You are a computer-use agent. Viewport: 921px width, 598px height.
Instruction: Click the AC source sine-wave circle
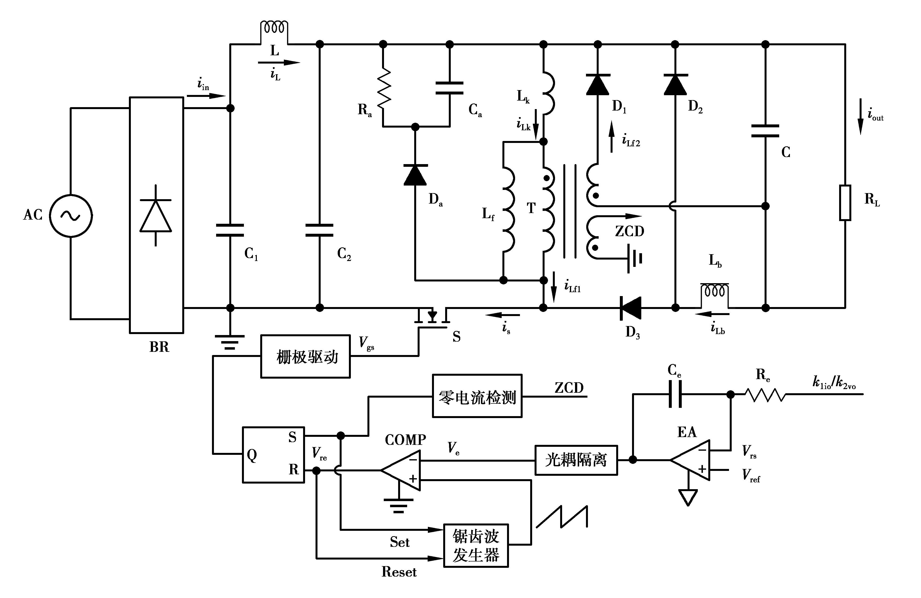coord(71,215)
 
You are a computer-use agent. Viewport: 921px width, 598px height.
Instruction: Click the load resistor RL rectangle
coord(845,203)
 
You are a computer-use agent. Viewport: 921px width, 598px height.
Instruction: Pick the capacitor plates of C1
coord(230,230)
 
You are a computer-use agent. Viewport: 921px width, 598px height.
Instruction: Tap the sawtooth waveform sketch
coord(562,516)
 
